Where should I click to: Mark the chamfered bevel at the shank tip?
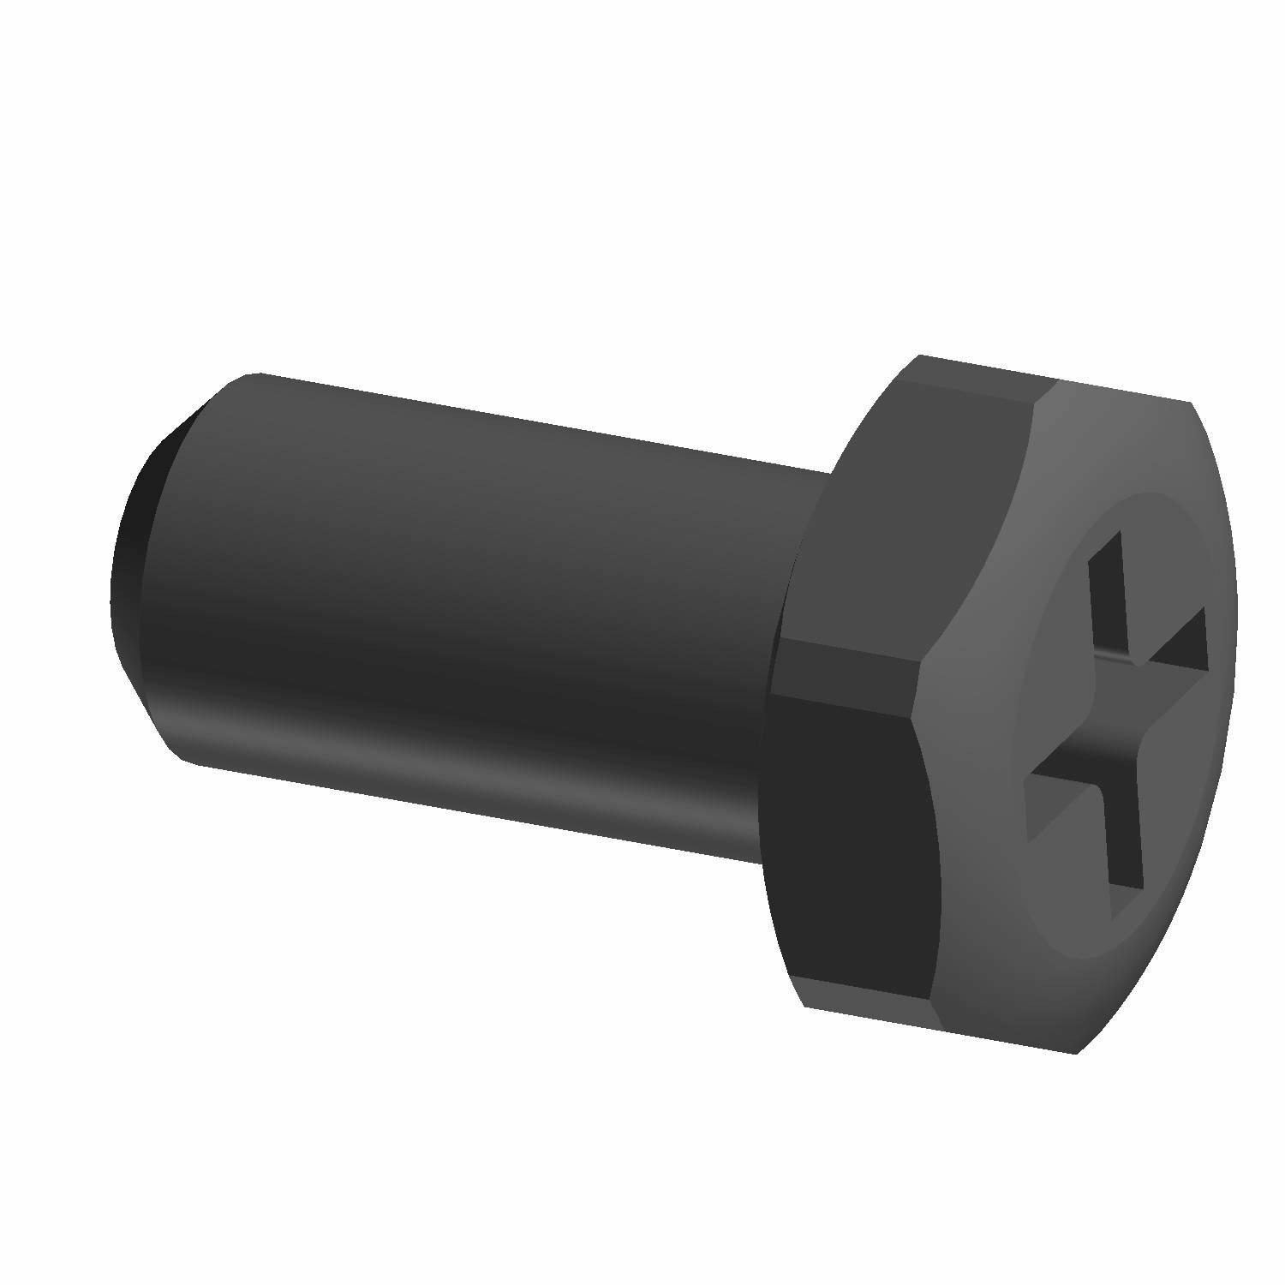tap(171, 480)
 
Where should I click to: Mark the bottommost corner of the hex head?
tap(1075, 1052)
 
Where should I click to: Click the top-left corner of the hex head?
tap(918, 355)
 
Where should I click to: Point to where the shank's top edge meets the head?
tap(829, 470)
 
